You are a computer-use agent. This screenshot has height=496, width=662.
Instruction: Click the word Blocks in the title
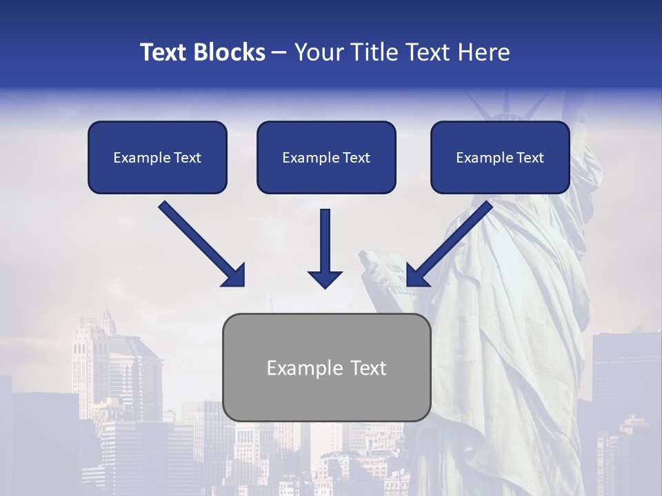pyautogui.click(x=231, y=52)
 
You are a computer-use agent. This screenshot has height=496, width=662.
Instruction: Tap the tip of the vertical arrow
pyautogui.click(x=325, y=285)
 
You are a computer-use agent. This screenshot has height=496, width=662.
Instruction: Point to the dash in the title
pyautogui.click(x=279, y=52)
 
